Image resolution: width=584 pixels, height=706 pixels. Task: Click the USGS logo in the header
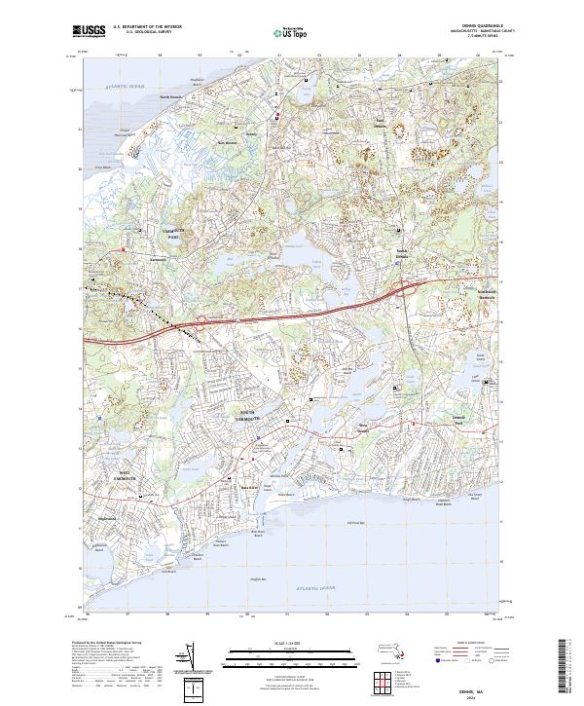[90, 32]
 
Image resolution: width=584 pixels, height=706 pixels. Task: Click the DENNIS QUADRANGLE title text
[488, 27]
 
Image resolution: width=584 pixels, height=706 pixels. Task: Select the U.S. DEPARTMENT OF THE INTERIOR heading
[146, 27]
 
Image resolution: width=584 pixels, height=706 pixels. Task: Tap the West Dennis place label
[363, 427]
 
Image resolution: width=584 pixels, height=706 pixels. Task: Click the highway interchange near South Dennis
[411, 286]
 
